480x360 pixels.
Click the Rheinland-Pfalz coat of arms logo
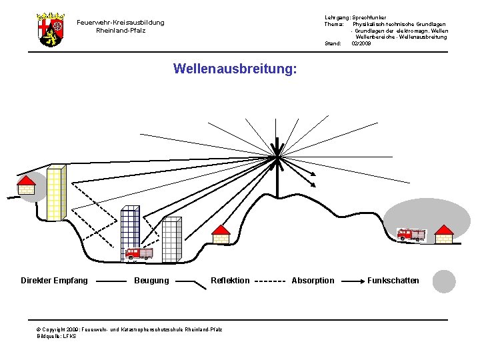[x=51, y=29]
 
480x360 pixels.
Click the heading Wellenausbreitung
[x=235, y=69]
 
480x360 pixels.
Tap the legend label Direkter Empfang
[x=54, y=281]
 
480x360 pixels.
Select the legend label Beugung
[x=151, y=281]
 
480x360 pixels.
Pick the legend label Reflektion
[x=230, y=281]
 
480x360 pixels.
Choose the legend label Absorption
[x=313, y=281]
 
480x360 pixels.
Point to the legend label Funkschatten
[x=393, y=281]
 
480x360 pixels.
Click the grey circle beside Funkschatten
[x=444, y=281]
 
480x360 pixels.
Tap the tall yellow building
[x=56, y=192]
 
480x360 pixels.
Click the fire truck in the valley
[x=139, y=253]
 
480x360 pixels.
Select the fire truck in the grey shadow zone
[x=411, y=234]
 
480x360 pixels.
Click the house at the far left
[x=26, y=184]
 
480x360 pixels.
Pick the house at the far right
[x=444, y=234]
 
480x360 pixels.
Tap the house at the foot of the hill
[x=221, y=234]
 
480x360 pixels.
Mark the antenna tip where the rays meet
[x=276, y=157]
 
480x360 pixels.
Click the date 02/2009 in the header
[x=361, y=44]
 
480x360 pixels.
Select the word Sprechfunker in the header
[x=369, y=17]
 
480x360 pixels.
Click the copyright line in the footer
[x=130, y=329]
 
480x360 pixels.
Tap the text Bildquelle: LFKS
[x=57, y=337]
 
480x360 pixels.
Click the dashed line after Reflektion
[x=271, y=281]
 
